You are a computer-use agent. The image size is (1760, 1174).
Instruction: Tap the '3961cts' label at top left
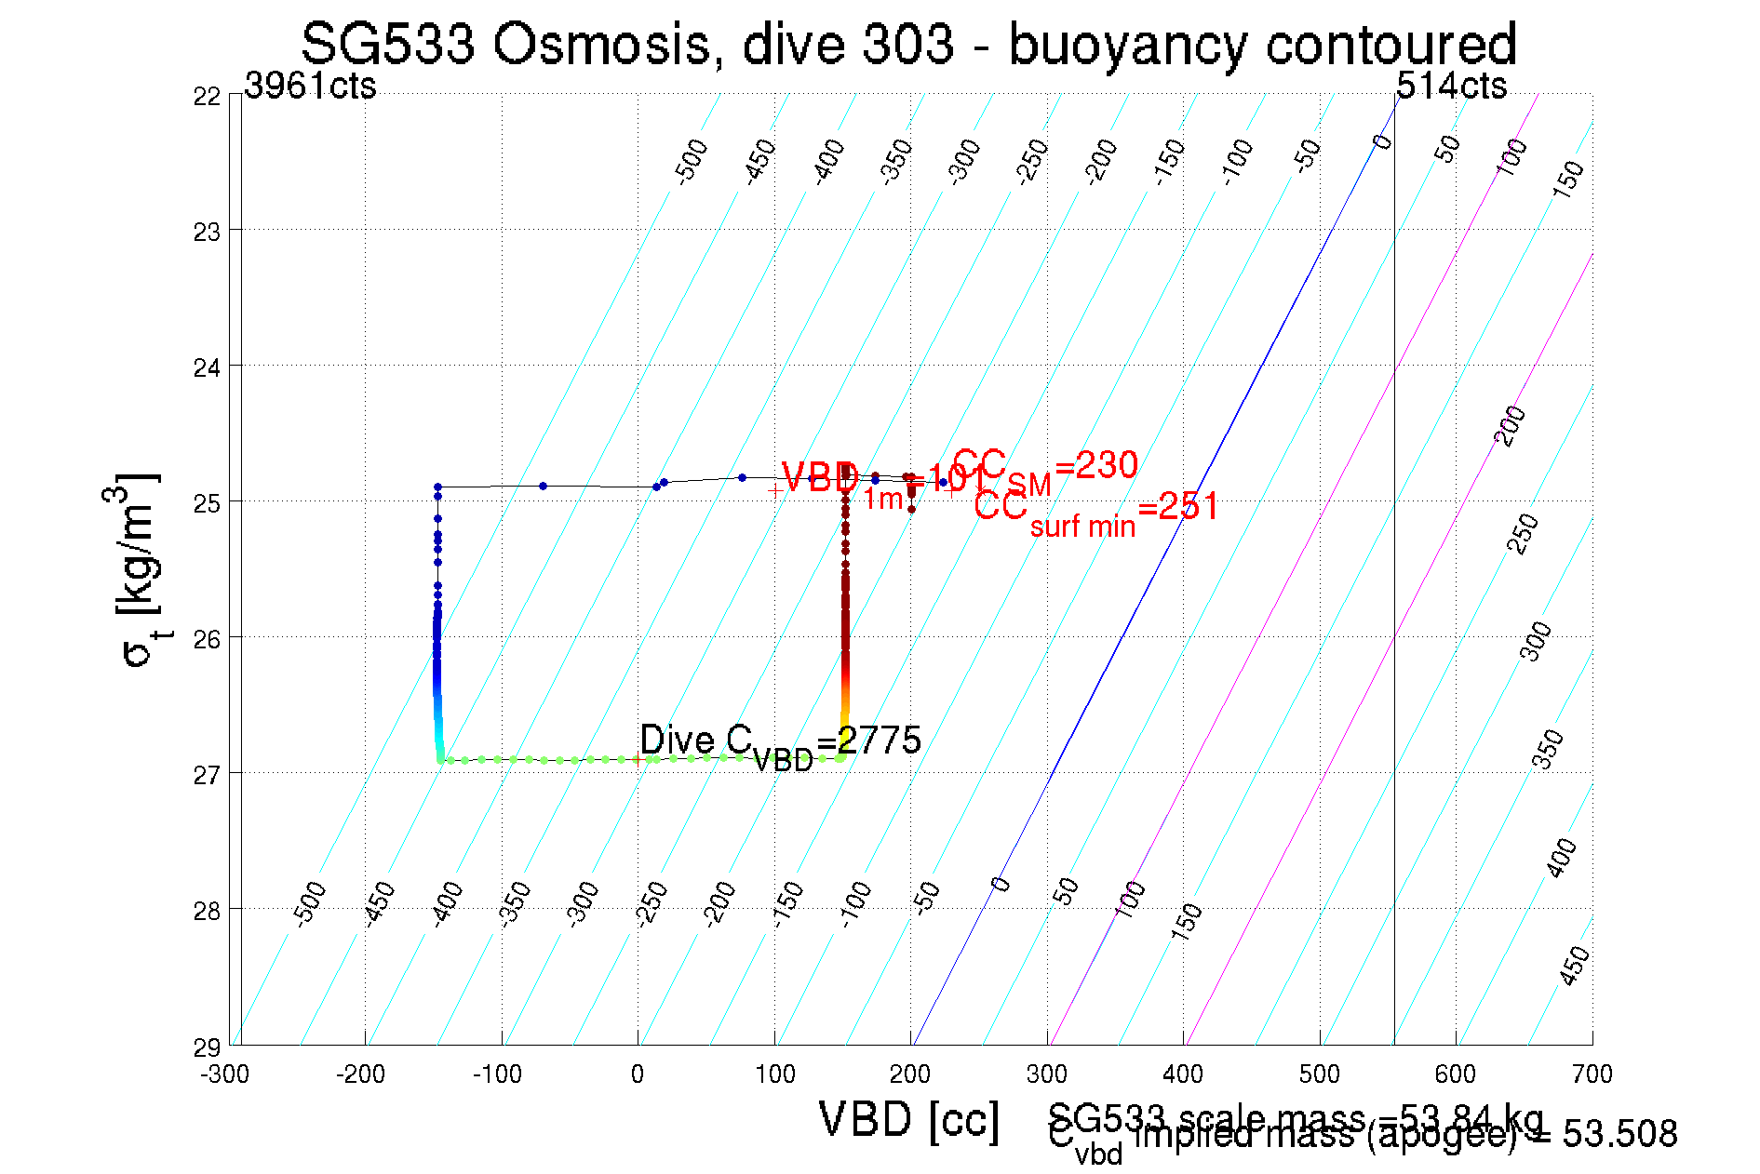coord(310,86)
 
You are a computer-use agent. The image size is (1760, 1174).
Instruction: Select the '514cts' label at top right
coord(1451,86)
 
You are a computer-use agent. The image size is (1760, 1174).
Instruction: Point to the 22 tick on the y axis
coord(207,96)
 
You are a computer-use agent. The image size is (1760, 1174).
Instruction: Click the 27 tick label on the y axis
coord(207,774)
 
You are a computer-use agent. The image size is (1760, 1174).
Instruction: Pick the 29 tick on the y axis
coord(207,1047)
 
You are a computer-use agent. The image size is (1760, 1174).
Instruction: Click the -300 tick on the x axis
coord(225,1074)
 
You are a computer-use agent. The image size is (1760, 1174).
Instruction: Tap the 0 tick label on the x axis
coord(638,1074)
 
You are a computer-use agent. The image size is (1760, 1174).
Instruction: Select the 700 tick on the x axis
coord(1592,1074)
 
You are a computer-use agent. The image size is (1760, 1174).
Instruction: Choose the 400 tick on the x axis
coord(1183,1074)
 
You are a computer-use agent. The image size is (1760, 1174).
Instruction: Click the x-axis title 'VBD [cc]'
coord(909,1119)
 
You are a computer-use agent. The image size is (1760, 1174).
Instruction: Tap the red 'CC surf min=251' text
coord(1095,510)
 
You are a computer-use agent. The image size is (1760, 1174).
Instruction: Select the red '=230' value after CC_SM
coord(1096,465)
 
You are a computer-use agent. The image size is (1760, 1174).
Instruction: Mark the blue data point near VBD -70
coord(543,486)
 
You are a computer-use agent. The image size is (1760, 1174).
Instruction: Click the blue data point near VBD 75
coord(742,477)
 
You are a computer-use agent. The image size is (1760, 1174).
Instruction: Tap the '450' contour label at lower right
coord(1574,966)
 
